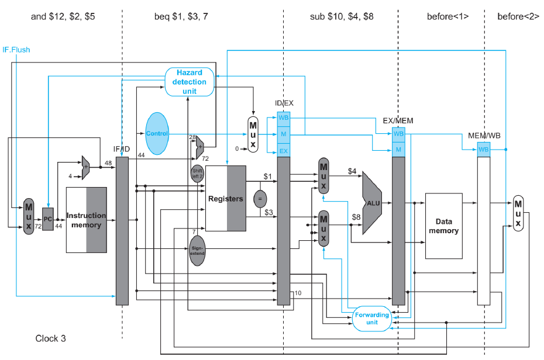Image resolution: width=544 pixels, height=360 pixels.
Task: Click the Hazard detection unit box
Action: pos(189,81)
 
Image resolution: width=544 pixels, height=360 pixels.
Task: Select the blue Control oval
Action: pos(157,133)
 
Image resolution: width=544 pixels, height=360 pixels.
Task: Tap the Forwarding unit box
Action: pos(371,319)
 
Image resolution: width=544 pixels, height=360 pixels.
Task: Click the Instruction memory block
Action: pos(86,220)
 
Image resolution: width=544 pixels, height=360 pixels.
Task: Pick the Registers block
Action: pos(226,199)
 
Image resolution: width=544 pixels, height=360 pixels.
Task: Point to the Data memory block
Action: pos(443,226)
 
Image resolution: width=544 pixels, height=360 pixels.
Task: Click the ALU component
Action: pos(373,203)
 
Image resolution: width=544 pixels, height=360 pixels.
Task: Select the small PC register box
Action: pos(48,219)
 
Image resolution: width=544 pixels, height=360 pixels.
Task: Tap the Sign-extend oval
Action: pos(197,251)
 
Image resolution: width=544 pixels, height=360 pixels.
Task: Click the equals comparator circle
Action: pos(259,199)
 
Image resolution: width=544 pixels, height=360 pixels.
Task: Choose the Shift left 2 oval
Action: pos(197,174)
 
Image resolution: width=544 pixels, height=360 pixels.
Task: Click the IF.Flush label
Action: pos(16,50)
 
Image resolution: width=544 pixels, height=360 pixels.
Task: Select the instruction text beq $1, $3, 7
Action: pos(181,17)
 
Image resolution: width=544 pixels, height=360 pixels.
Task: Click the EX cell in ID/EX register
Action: pos(283,151)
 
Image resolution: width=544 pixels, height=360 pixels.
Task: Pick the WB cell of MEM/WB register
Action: pos(483,150)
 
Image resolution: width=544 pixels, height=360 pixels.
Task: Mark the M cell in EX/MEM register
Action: pos(398,150)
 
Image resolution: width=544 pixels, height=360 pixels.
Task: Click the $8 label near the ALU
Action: pos(357,217)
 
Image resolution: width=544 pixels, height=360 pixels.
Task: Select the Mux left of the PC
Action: pos(29,216)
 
